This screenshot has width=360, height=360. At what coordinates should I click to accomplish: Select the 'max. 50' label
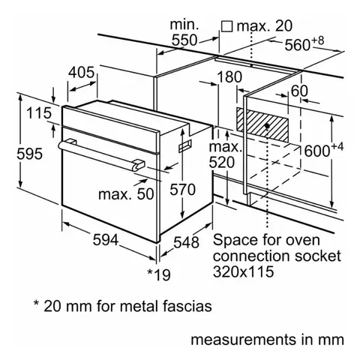(126, 194)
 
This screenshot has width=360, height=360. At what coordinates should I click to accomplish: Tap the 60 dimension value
(301, 91)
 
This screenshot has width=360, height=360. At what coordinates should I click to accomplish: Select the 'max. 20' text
(262, 27)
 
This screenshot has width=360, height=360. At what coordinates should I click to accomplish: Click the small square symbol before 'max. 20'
(226, 27)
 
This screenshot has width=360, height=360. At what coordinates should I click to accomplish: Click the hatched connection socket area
(268, 121)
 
